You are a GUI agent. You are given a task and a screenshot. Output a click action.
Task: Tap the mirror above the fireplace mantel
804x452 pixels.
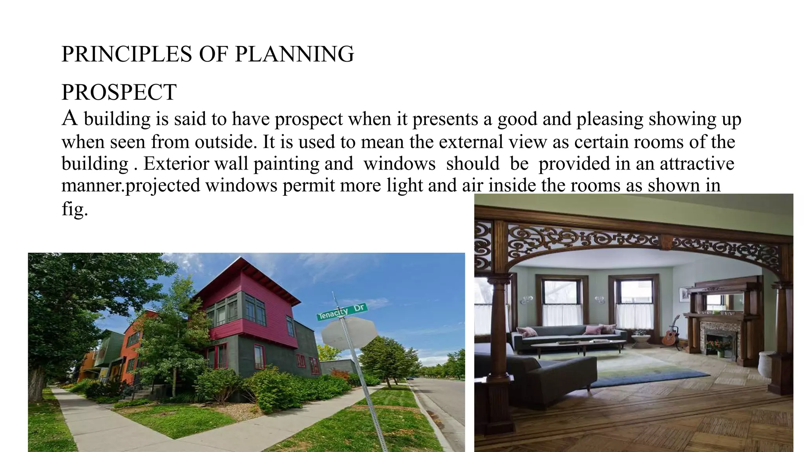(722, 303)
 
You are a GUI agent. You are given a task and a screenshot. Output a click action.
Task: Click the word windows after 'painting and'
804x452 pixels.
(399, 164)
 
